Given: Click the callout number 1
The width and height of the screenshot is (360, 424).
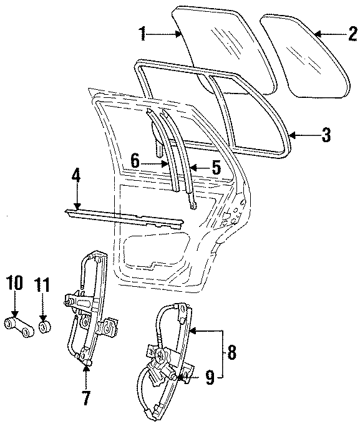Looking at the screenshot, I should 143,34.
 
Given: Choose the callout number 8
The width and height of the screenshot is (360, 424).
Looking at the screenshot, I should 231,353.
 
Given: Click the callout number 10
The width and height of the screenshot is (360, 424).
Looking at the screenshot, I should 16,284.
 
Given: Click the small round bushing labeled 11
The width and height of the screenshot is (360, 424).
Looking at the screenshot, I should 44,327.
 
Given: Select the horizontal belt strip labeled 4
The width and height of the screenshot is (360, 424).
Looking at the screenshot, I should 125,217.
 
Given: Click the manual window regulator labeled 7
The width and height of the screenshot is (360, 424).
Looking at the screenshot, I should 90,306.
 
